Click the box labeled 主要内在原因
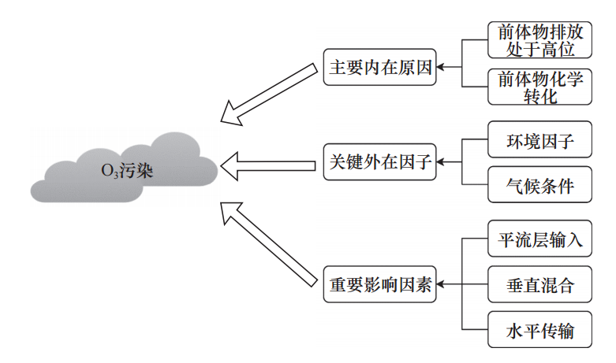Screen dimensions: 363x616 pyautogui.click(x=380, y=68)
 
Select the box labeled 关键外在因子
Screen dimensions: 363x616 pyautogui.click(x=380, y=162)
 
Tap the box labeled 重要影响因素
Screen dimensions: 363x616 pyautogui.click(x=380, y=284)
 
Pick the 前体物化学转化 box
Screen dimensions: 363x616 pyautogui.click(x=539, y=87)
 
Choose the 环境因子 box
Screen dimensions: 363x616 pyautogui.click(x=539, y=142)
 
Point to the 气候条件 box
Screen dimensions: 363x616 pyautogui.click(x=539, y=187)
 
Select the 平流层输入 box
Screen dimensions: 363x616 pyautogui.click(x=539, y=239)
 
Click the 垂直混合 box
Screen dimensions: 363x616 pyautogui.click(x=539, y=285)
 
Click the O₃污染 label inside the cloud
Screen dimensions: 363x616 pyautogui.click(x=126, y=170)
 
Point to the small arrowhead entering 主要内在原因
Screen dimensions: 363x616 pyautogui.click(x=442, y=68)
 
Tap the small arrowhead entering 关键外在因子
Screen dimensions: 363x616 pyautogui.click(x=442, y=162)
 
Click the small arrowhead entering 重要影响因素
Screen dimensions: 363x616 pyautogui.click(x=442, y=284)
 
